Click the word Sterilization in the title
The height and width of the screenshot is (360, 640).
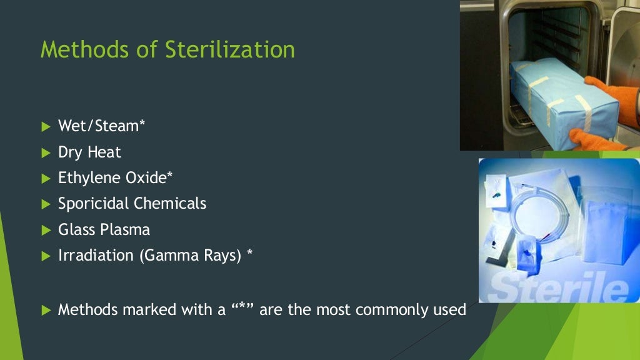(230, 49)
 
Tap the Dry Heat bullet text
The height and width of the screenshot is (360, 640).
(89, 152)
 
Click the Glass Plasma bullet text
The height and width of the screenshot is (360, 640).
(104, 229)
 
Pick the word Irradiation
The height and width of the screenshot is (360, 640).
(96, 256)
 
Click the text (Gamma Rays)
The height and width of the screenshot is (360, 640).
(190, 256)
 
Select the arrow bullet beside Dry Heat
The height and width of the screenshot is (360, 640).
(45, 152)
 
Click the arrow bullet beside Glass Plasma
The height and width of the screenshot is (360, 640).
(45, 230)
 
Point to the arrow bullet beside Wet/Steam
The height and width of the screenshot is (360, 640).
(45, 127)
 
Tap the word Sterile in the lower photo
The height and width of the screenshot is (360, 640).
(556, 287)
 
